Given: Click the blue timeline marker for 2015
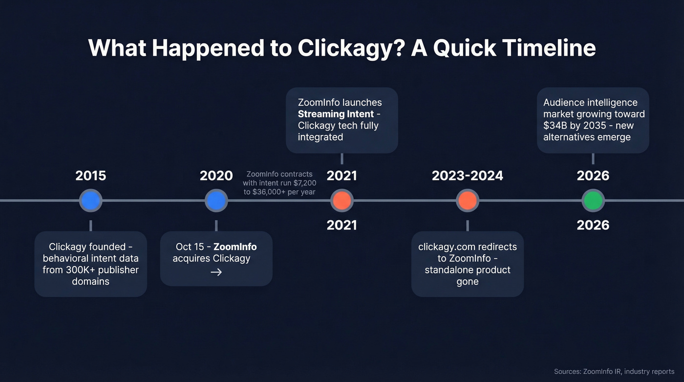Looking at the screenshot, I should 90,201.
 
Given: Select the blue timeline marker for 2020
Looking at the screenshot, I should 216,201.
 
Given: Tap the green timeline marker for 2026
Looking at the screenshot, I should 593,201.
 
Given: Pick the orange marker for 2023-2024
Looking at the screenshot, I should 468,201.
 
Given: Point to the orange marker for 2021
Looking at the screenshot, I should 342,201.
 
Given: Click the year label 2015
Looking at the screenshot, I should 90,176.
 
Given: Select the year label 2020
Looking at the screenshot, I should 216,176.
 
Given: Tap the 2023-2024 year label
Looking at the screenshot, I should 468,176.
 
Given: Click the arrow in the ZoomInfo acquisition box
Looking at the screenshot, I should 216,272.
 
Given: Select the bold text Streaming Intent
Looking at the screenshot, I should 336,114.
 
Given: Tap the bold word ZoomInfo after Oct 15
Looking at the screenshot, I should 235,247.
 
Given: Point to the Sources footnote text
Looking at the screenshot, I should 614,371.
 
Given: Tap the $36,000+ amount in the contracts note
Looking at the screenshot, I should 271,192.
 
